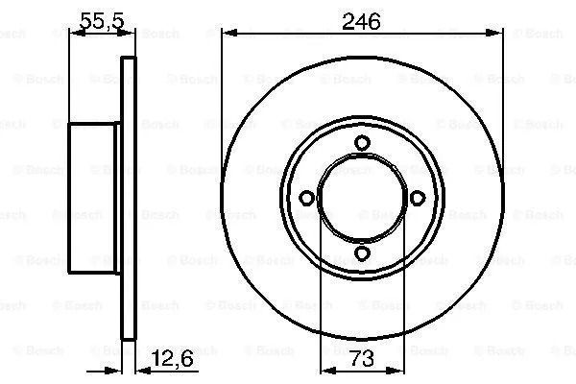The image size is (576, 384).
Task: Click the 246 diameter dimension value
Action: coord(361,22)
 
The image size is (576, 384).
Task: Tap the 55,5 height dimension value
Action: coord(102,21)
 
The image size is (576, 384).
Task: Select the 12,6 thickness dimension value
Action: coord(172,359)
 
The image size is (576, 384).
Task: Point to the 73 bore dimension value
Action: coord(362,359)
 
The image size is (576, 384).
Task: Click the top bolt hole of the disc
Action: coord(362,143)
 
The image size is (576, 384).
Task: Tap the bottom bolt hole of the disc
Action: coord(362,253)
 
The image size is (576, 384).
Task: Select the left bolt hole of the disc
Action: coord(306,198)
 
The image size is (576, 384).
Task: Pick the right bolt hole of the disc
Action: coord(418,198)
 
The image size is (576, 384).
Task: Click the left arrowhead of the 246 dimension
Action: coord(230,34)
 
